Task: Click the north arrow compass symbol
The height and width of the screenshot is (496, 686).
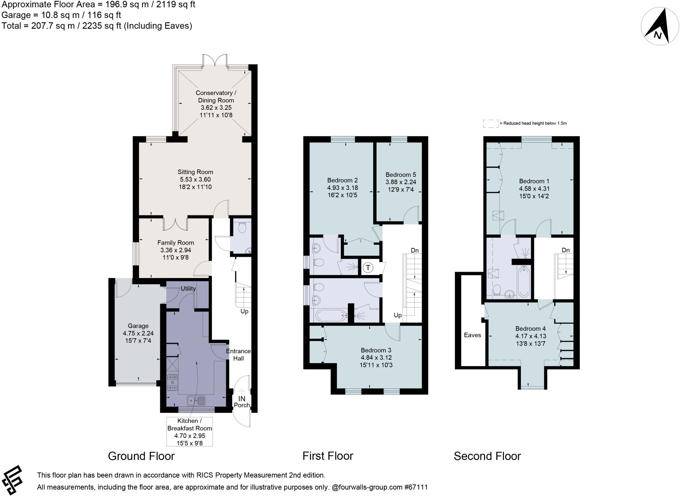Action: pyautogui.click(x=660, y=26)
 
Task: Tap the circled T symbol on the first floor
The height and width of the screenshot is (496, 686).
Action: pyautogui.click(x=368, y=268)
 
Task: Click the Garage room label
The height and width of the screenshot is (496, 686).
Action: pyautogui.click(x=138, y=326)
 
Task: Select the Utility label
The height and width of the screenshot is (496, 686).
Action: pyautogui.click(x=188, y=288)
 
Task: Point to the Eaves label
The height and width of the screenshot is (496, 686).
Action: pyautogui.click(x=472, y=335)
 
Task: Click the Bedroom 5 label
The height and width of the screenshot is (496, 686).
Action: pyautogui.click(x=401, y=174)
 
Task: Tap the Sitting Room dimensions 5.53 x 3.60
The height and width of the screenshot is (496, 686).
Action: pyautogui.click(x=195, y=180)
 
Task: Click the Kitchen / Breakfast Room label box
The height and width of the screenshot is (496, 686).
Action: pyautogui.click(x=190, y=432)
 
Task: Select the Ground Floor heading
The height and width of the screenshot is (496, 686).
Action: pyautogui.click(x=141, y=456)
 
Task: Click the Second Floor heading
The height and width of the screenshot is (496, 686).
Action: pyautogui.click(x=487, y=456)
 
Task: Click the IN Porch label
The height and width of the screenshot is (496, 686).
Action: pyautogui.click(x=242, y=402)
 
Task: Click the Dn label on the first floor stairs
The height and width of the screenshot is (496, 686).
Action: pyautogui.click(x=415, y=250)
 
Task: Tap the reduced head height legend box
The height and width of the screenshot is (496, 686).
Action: pyautogui.click(x=491, y=123)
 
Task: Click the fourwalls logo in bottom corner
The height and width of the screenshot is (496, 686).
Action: pyautogui.click(x=12, y=480)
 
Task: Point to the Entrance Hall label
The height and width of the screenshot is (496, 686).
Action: pyautogui.click(x=238, y=355)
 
